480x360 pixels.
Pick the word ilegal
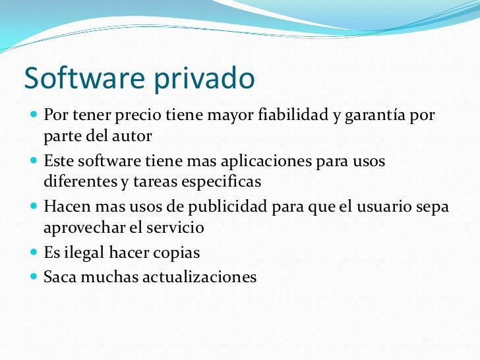[84, 252]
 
